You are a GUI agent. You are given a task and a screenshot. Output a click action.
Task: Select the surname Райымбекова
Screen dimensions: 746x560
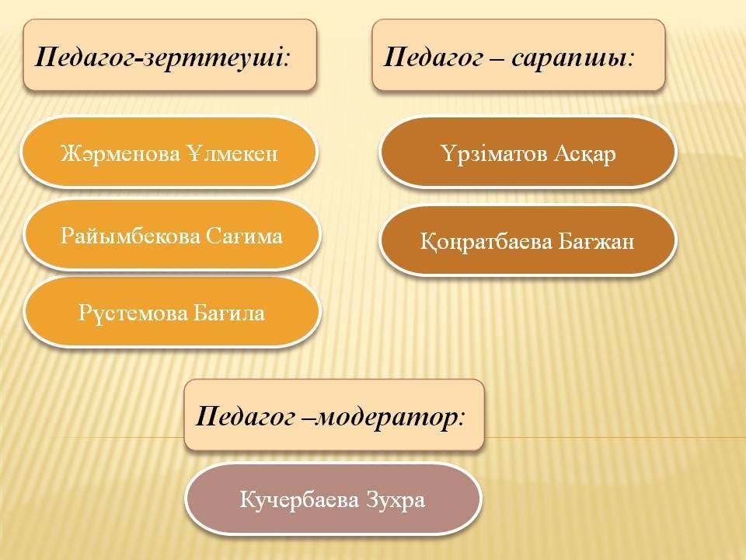click(x=130, y=236)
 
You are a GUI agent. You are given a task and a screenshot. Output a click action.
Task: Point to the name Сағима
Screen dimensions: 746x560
click(x=245, y=236)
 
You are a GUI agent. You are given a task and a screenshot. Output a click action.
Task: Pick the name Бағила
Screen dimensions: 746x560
click(x=229, y=313)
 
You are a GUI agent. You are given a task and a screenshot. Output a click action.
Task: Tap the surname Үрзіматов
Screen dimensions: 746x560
click(x=495, y=154)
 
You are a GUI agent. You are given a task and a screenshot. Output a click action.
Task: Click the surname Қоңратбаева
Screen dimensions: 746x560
click(x=486, y=241)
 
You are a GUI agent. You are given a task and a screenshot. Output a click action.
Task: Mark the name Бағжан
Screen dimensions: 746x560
click(x=597, y=241)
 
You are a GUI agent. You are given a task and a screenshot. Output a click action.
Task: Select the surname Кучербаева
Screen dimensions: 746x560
click(x=300, y=500)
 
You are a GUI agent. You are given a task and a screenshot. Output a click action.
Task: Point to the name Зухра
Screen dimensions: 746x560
click(x=396, y=500)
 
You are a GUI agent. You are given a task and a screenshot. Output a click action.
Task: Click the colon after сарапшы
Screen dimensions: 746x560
click(x=631, y=60)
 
